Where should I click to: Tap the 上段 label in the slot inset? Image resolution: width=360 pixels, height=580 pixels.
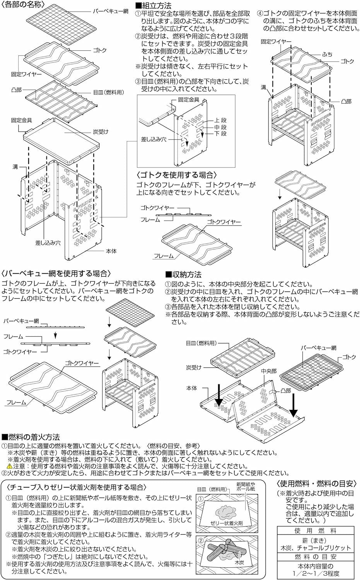tap(221, 120)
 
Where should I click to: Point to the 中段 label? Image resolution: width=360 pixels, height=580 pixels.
tap(221, 127)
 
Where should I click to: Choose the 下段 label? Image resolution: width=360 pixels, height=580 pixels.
tap(221, 134)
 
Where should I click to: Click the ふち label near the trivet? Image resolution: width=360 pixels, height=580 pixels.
tap(327, 54)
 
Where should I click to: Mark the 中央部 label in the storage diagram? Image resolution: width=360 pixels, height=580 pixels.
tap(268, 370)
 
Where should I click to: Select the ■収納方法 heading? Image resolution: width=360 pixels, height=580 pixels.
tap(183, 275)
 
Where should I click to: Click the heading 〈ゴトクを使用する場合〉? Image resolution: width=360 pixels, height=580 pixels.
tap(177, 175)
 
